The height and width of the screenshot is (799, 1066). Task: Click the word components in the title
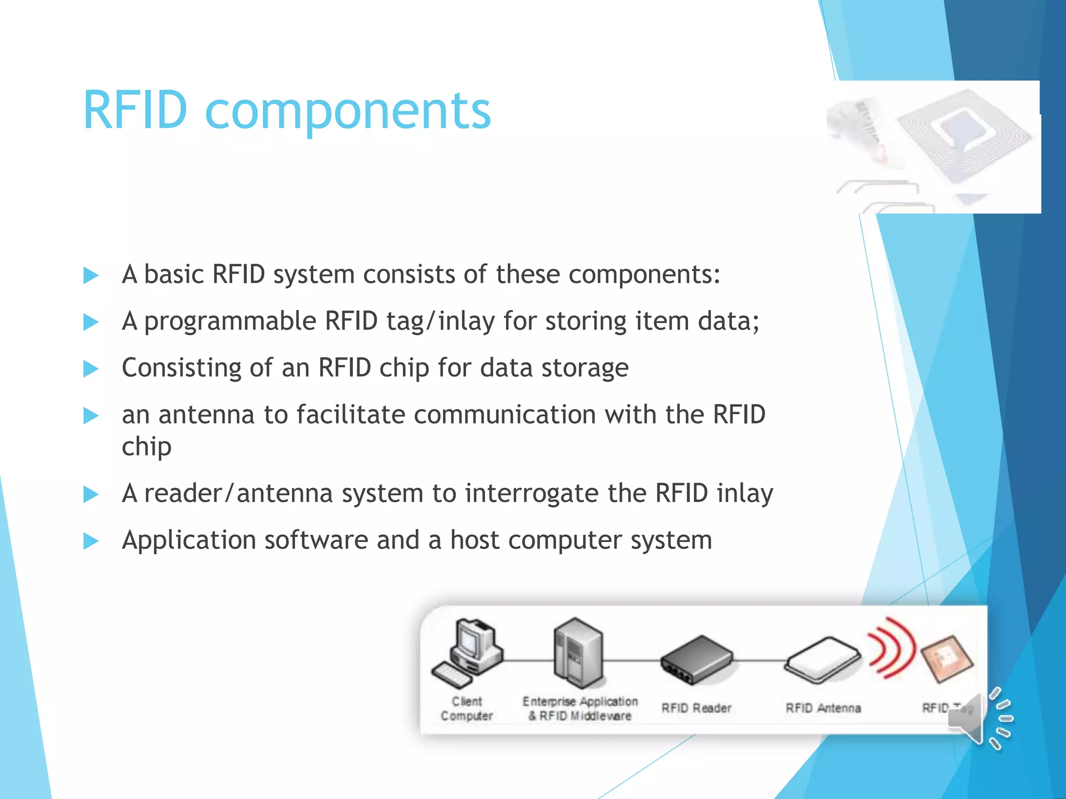348,111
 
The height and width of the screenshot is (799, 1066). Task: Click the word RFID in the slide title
135,110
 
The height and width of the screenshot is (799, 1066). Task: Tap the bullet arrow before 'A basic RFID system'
91,275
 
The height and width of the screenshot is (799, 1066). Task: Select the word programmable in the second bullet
230,321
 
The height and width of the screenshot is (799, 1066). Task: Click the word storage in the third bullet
585,368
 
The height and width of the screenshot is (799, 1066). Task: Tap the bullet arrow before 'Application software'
91,541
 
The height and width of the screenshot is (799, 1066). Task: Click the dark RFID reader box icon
696,660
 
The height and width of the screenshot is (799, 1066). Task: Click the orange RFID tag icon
947,659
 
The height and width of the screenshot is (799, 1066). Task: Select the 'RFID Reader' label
696,708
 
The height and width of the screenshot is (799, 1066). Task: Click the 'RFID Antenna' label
823,708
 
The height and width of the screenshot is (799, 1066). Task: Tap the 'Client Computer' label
467,708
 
